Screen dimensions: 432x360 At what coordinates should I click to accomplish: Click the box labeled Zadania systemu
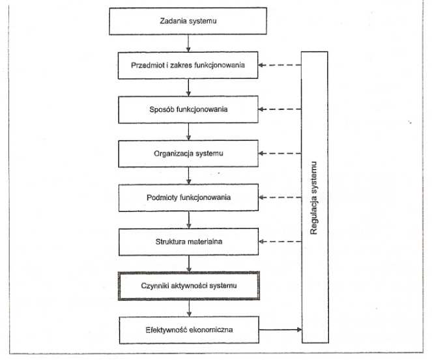pos(188,21)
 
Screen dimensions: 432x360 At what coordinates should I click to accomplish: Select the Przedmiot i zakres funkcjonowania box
pos(188,65)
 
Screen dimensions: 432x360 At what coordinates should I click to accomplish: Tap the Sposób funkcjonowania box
pos(188,109)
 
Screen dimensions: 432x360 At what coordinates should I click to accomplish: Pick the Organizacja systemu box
pos(188,154)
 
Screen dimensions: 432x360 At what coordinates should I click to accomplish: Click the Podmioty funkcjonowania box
pos(188,198)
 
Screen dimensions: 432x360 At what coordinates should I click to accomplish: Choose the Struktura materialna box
pos(189,242)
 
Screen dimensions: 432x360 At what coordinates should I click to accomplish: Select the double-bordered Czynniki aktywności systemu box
pos(189,286)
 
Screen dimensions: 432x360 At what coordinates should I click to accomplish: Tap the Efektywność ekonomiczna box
pos(189,329)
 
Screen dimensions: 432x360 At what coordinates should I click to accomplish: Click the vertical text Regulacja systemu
pos(313,198)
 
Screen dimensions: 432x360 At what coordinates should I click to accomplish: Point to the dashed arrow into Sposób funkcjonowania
pos(280,109)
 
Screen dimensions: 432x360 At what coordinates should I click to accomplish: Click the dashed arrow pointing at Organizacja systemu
pos(280,153)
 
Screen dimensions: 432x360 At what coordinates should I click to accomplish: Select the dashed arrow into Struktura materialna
pos(280,242)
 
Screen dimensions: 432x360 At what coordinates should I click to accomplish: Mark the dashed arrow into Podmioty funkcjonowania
pos(280,197)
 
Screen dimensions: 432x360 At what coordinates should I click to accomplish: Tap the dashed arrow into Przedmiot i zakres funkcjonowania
pos(280,65)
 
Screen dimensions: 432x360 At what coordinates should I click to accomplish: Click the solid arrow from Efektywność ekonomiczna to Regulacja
pos(280,329)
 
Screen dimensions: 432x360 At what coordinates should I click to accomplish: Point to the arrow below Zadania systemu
pos(188,43)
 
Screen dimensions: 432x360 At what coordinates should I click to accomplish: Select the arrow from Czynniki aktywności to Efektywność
pos(189,309)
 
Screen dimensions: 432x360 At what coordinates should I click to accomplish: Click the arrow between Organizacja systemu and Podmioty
pos(189,176)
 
